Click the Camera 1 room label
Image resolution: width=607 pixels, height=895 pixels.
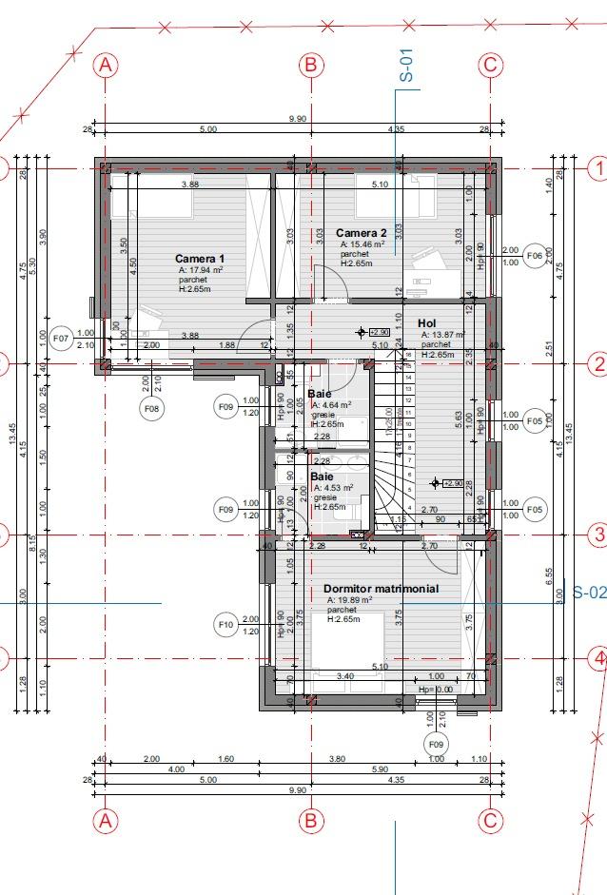click(200, 258)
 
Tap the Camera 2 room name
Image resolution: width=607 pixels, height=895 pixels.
click(362, 233)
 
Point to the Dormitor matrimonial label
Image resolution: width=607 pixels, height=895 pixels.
click(381, 589)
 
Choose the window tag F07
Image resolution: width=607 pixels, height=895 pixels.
click(62, 338)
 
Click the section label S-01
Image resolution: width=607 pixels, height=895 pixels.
click(406, 68)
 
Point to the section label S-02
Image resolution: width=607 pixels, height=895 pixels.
click(589, 593)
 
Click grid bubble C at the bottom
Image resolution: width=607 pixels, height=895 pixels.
click(489, 820)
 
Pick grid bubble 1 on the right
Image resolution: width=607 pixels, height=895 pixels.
click(597, 169)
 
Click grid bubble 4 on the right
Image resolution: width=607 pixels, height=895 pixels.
click(597, 657)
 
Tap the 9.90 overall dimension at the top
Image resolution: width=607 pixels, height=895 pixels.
click(298, 119)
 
